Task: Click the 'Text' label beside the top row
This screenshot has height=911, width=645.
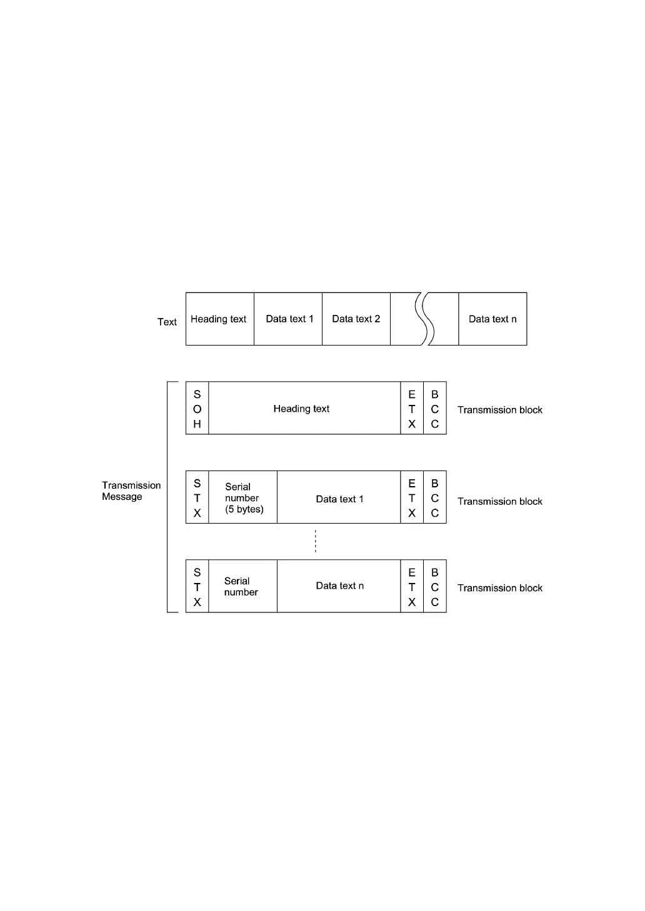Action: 167,322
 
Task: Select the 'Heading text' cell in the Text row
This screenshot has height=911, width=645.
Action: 219,319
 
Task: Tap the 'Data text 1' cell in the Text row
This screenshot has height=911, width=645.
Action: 288,319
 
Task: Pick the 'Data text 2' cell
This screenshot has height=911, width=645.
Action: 356,319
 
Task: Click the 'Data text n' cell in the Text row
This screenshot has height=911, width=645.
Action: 492,319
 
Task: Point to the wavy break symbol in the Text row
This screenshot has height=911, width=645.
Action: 424,319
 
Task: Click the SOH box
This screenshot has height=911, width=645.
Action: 197,409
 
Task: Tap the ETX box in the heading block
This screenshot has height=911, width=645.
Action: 412,409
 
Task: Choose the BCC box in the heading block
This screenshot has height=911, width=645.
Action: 435,409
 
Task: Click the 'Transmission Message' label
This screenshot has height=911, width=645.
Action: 131,491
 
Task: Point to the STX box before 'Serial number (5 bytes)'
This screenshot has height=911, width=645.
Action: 197,497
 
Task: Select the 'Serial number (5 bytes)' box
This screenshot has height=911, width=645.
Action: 243,497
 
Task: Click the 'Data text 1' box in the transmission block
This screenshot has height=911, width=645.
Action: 339,498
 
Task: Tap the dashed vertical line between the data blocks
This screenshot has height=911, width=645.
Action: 316,541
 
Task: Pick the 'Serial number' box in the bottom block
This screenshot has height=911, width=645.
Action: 242,586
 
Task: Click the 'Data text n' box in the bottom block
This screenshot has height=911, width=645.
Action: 339,586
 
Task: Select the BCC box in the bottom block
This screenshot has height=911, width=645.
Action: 435,587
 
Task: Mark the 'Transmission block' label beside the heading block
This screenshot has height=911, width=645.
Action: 499,410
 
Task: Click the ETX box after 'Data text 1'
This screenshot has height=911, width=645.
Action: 412,497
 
